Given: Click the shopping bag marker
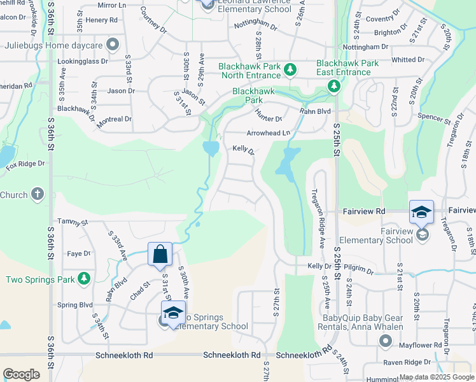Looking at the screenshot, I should (x=160, y=254).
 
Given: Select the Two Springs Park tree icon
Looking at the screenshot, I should (x=83, y=279).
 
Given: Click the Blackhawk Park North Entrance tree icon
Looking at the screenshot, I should (x=290, y=68).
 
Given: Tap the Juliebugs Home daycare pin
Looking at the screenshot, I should (x=113, y=45).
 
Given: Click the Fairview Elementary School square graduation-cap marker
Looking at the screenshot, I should (x=421, y=212).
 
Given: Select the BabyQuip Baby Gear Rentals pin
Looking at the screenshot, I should (x=385, y=342).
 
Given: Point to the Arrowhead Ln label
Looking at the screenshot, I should (x=268, y=132).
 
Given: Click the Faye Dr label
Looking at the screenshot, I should (x=79, y=253).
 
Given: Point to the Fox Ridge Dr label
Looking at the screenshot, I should (x=25, y=164).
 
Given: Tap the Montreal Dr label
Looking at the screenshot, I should (x=114, y=119).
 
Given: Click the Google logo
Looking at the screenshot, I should (x=22, y=374).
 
